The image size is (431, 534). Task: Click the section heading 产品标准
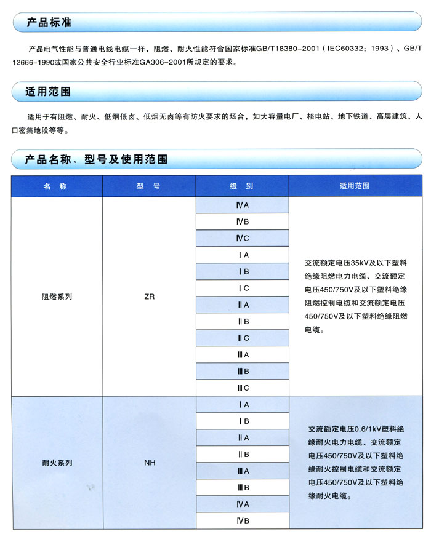click(49, 23)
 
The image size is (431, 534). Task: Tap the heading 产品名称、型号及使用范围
click(96, 159)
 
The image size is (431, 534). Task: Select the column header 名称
click(55, 186)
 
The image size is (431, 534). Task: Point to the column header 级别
click(242, 186)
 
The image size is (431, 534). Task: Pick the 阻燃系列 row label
click(57, 297)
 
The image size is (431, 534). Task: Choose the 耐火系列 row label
click(57, 463)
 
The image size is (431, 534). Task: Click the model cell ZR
click(149, 297)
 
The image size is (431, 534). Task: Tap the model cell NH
click(149, 463)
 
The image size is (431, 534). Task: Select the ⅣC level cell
click(242, 238)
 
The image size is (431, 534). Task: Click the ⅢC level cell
click(242, 388)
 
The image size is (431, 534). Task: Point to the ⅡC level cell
click(242, 338)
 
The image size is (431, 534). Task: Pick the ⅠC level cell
click(242, 288)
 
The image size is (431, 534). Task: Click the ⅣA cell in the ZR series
click(242, 205)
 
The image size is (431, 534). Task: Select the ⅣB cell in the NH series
click(242, 521)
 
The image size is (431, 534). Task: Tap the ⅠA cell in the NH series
click(242, 405)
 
